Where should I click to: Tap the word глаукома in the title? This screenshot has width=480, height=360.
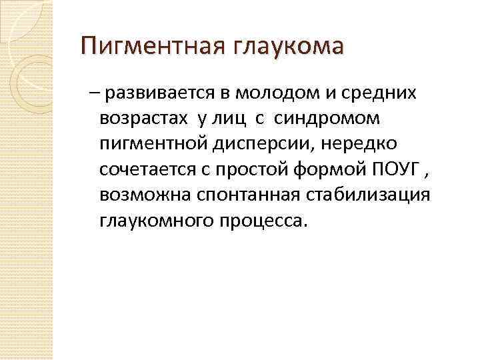click(289, 49)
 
